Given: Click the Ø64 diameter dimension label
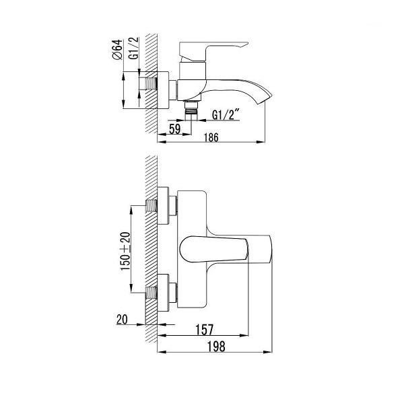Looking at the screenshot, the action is click(x=117, y=50).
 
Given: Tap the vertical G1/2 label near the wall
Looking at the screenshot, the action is click(x=134, y=48).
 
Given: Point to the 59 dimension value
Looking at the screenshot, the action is click(x=175, y=129).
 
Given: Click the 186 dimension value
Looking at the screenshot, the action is click(x=211, y=137).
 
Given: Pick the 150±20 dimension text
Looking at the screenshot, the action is click(x=125, y=251).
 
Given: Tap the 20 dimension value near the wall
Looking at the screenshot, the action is click(x=122, y=320).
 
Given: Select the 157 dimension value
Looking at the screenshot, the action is click(x=205, y=330).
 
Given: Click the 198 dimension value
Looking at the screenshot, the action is click(x=216, y=347).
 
